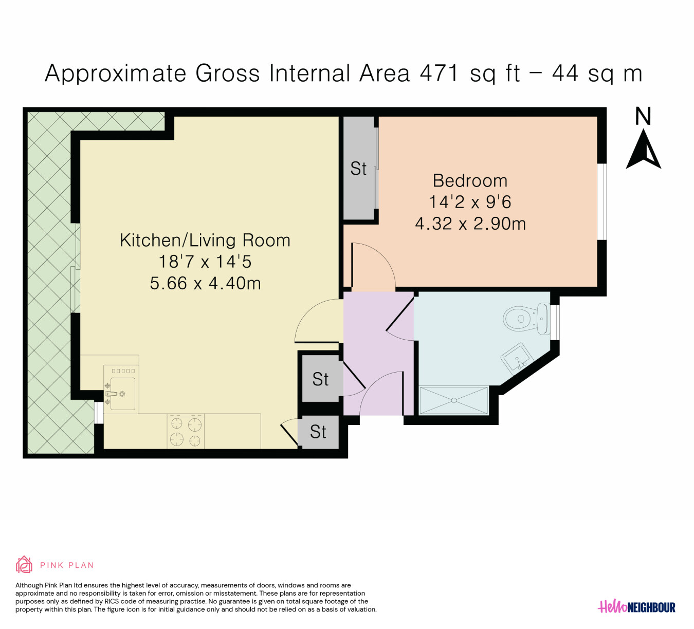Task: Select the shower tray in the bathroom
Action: coord(453,400)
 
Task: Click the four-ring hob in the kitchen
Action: coord(186,432)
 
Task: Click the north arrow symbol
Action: coord(643,149)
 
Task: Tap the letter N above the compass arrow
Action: coord(643,116)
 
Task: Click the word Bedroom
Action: coord(470,180)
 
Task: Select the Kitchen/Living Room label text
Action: coord(205,240)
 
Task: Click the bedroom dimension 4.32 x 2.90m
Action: coord(470,224)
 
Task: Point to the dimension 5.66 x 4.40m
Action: coord(205,283)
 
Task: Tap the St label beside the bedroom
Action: coord(358,169)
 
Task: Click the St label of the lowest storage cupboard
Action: coord(318,432)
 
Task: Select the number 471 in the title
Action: coord(440,73)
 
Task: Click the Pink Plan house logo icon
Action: coord(24,565)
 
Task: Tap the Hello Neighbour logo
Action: coord(636,606)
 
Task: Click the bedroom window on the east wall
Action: coord(602,202)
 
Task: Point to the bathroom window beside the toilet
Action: coord(555,322)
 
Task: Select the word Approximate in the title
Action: coord(116,73)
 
